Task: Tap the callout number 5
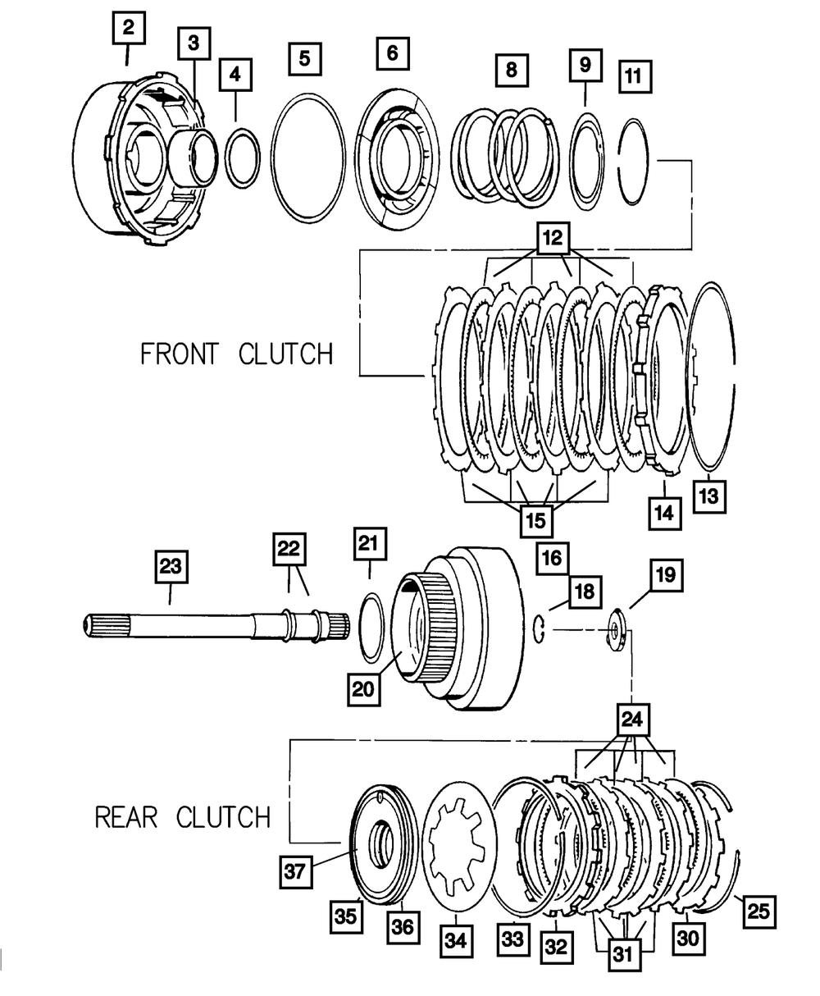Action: point(304,58)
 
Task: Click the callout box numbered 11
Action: point(634,78)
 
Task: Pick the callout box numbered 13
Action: point(708,496)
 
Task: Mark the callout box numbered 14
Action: point(663,513)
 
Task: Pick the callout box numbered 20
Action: point(364,687)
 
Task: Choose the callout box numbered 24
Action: point(633,721)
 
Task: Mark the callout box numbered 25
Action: point(760,910)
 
